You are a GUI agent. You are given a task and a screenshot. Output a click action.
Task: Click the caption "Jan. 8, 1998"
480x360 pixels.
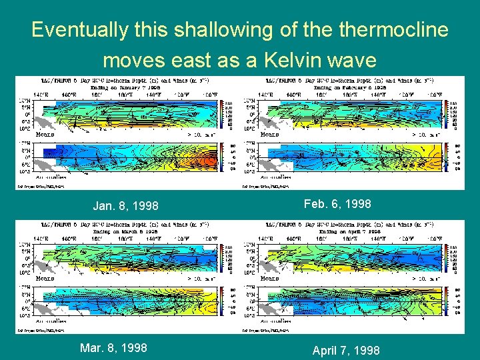pyautogui.click(x=126, y=206)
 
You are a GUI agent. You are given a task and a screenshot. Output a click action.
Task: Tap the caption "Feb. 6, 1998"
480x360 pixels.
pyautogui.click(x=337, y=204)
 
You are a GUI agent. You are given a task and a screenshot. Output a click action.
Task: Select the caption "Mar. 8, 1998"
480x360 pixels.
pyautogui.click(x=113, y=347)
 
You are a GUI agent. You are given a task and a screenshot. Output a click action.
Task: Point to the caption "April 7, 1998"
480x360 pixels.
pyautogui.click(x=345, y=350)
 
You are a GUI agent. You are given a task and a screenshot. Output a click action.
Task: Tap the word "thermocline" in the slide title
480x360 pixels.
pyautogui.click(x=391, y=30)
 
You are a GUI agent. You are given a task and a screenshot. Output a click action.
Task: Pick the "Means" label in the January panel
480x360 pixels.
pyautogui.click(x=45, y=134)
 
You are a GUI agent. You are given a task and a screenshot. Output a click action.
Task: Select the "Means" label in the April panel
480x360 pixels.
pyautogui.click(x=270, y=278)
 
